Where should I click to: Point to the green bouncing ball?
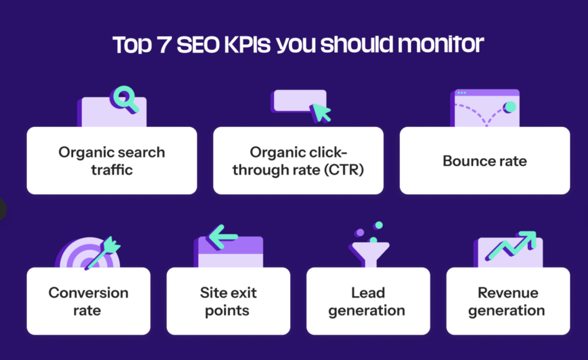point(509,107)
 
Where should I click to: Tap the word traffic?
point(111,170)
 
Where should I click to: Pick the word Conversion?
point(88,293)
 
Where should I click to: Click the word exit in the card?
point(242,293)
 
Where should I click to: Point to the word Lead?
point(368,293)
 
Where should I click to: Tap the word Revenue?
point(508,293)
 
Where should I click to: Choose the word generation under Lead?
point(368,311)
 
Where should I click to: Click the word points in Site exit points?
point(229,311)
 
